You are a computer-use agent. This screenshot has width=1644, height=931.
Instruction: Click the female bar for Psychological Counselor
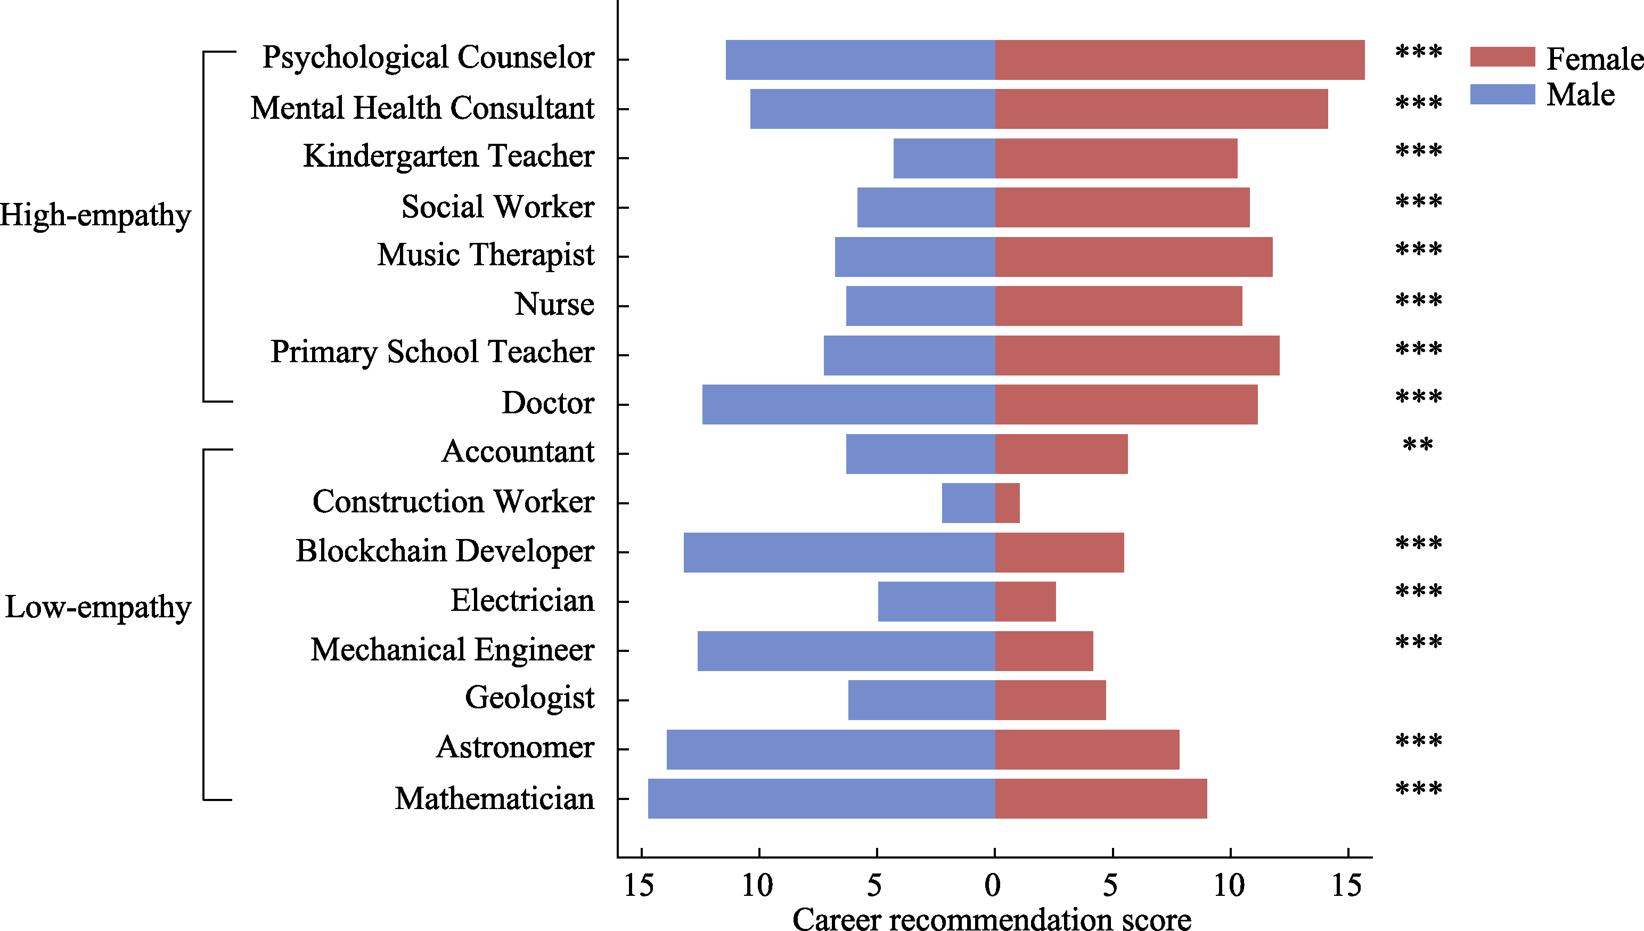click(x=1179, y=60)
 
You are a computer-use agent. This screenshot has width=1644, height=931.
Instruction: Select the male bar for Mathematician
click(x=821, y=798)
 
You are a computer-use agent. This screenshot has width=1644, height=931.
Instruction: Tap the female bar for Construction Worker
click(x=1008, y=503)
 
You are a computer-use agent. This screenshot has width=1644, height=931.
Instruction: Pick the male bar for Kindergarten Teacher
click(x=944, y=158)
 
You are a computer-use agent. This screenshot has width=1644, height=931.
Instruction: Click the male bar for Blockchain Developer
click(x=839, y=552)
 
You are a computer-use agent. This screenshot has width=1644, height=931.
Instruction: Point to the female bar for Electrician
click(x=1025, y=601)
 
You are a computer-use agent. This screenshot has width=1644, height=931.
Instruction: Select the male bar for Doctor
click(x=848, y=404)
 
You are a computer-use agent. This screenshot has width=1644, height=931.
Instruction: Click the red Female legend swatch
click(x=1502, y=57)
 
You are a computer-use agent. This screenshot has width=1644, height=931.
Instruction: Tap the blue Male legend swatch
click(x=1502, y=94)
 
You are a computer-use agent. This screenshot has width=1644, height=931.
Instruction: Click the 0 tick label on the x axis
click(x=993, y=886)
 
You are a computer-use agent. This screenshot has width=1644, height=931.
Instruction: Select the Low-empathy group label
click(x=98, y=607)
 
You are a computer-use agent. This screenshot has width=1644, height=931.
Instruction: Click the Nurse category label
click(x=554, y=304)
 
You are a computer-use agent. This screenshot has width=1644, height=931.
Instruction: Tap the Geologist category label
click(x=529, y=698)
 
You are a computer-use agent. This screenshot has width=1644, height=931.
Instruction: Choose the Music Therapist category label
click(x=485, y=255)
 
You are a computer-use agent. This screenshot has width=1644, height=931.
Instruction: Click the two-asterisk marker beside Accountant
click(x=1418, y=445)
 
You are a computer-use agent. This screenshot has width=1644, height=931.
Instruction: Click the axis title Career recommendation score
click(x=992, y=918)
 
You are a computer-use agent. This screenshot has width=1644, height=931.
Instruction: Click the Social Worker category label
click(x=497, y=207)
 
